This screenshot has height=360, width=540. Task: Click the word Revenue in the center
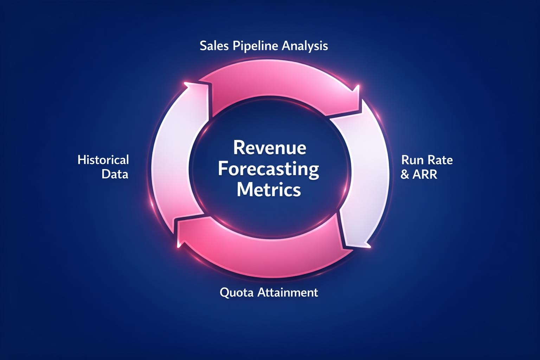pyautogui.click(x=269, y=148)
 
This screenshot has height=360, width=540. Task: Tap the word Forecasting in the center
pyautogui.click(x=269, y=169)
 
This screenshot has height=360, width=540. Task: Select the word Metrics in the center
pyautogui.click(x=269, y=190)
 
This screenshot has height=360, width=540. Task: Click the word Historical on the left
pyautogui.click(x=103, y=160)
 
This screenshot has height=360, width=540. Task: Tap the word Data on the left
pyautogui.click(x=115, y=174)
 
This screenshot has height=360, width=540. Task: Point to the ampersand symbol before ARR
pyautogui.click(x=405, y=174)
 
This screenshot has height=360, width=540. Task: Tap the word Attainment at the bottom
pyautogui.click(x=288, y=292)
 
